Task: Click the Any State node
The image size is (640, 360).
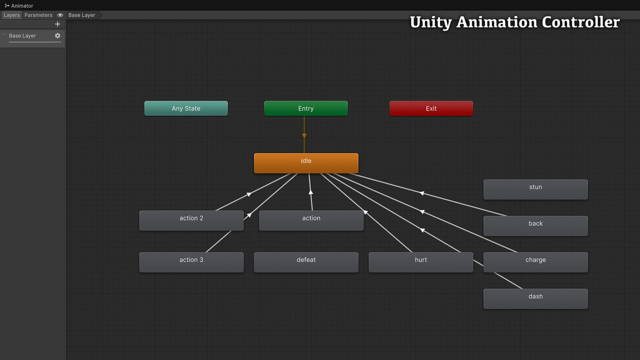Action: (186, 108)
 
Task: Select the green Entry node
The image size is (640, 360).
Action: (306, 108)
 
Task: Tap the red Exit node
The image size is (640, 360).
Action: (431, 108)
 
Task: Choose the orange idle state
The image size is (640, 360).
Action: (306, 163)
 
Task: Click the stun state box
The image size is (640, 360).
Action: (535, 189)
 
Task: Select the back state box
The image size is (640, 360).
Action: (535, 226)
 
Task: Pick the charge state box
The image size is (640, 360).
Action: (535, 262)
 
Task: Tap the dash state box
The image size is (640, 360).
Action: (535, 299)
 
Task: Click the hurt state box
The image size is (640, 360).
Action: (421, 262)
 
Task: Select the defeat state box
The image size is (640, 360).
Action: (306, 262)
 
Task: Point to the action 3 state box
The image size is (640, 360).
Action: (191, 262)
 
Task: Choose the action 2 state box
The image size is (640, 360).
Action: (191, 220)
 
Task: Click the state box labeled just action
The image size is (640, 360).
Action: (311, 220)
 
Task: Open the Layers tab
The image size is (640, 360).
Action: (11, 15)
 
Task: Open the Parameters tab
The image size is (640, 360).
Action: (38, 15)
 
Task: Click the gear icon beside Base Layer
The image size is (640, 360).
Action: (58, 36)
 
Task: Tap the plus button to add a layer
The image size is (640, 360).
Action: (58, 24)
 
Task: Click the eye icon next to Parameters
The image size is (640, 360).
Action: (60, 15)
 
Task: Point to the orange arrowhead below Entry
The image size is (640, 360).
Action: (304, 136)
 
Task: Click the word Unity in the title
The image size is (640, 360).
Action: (430, 22)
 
